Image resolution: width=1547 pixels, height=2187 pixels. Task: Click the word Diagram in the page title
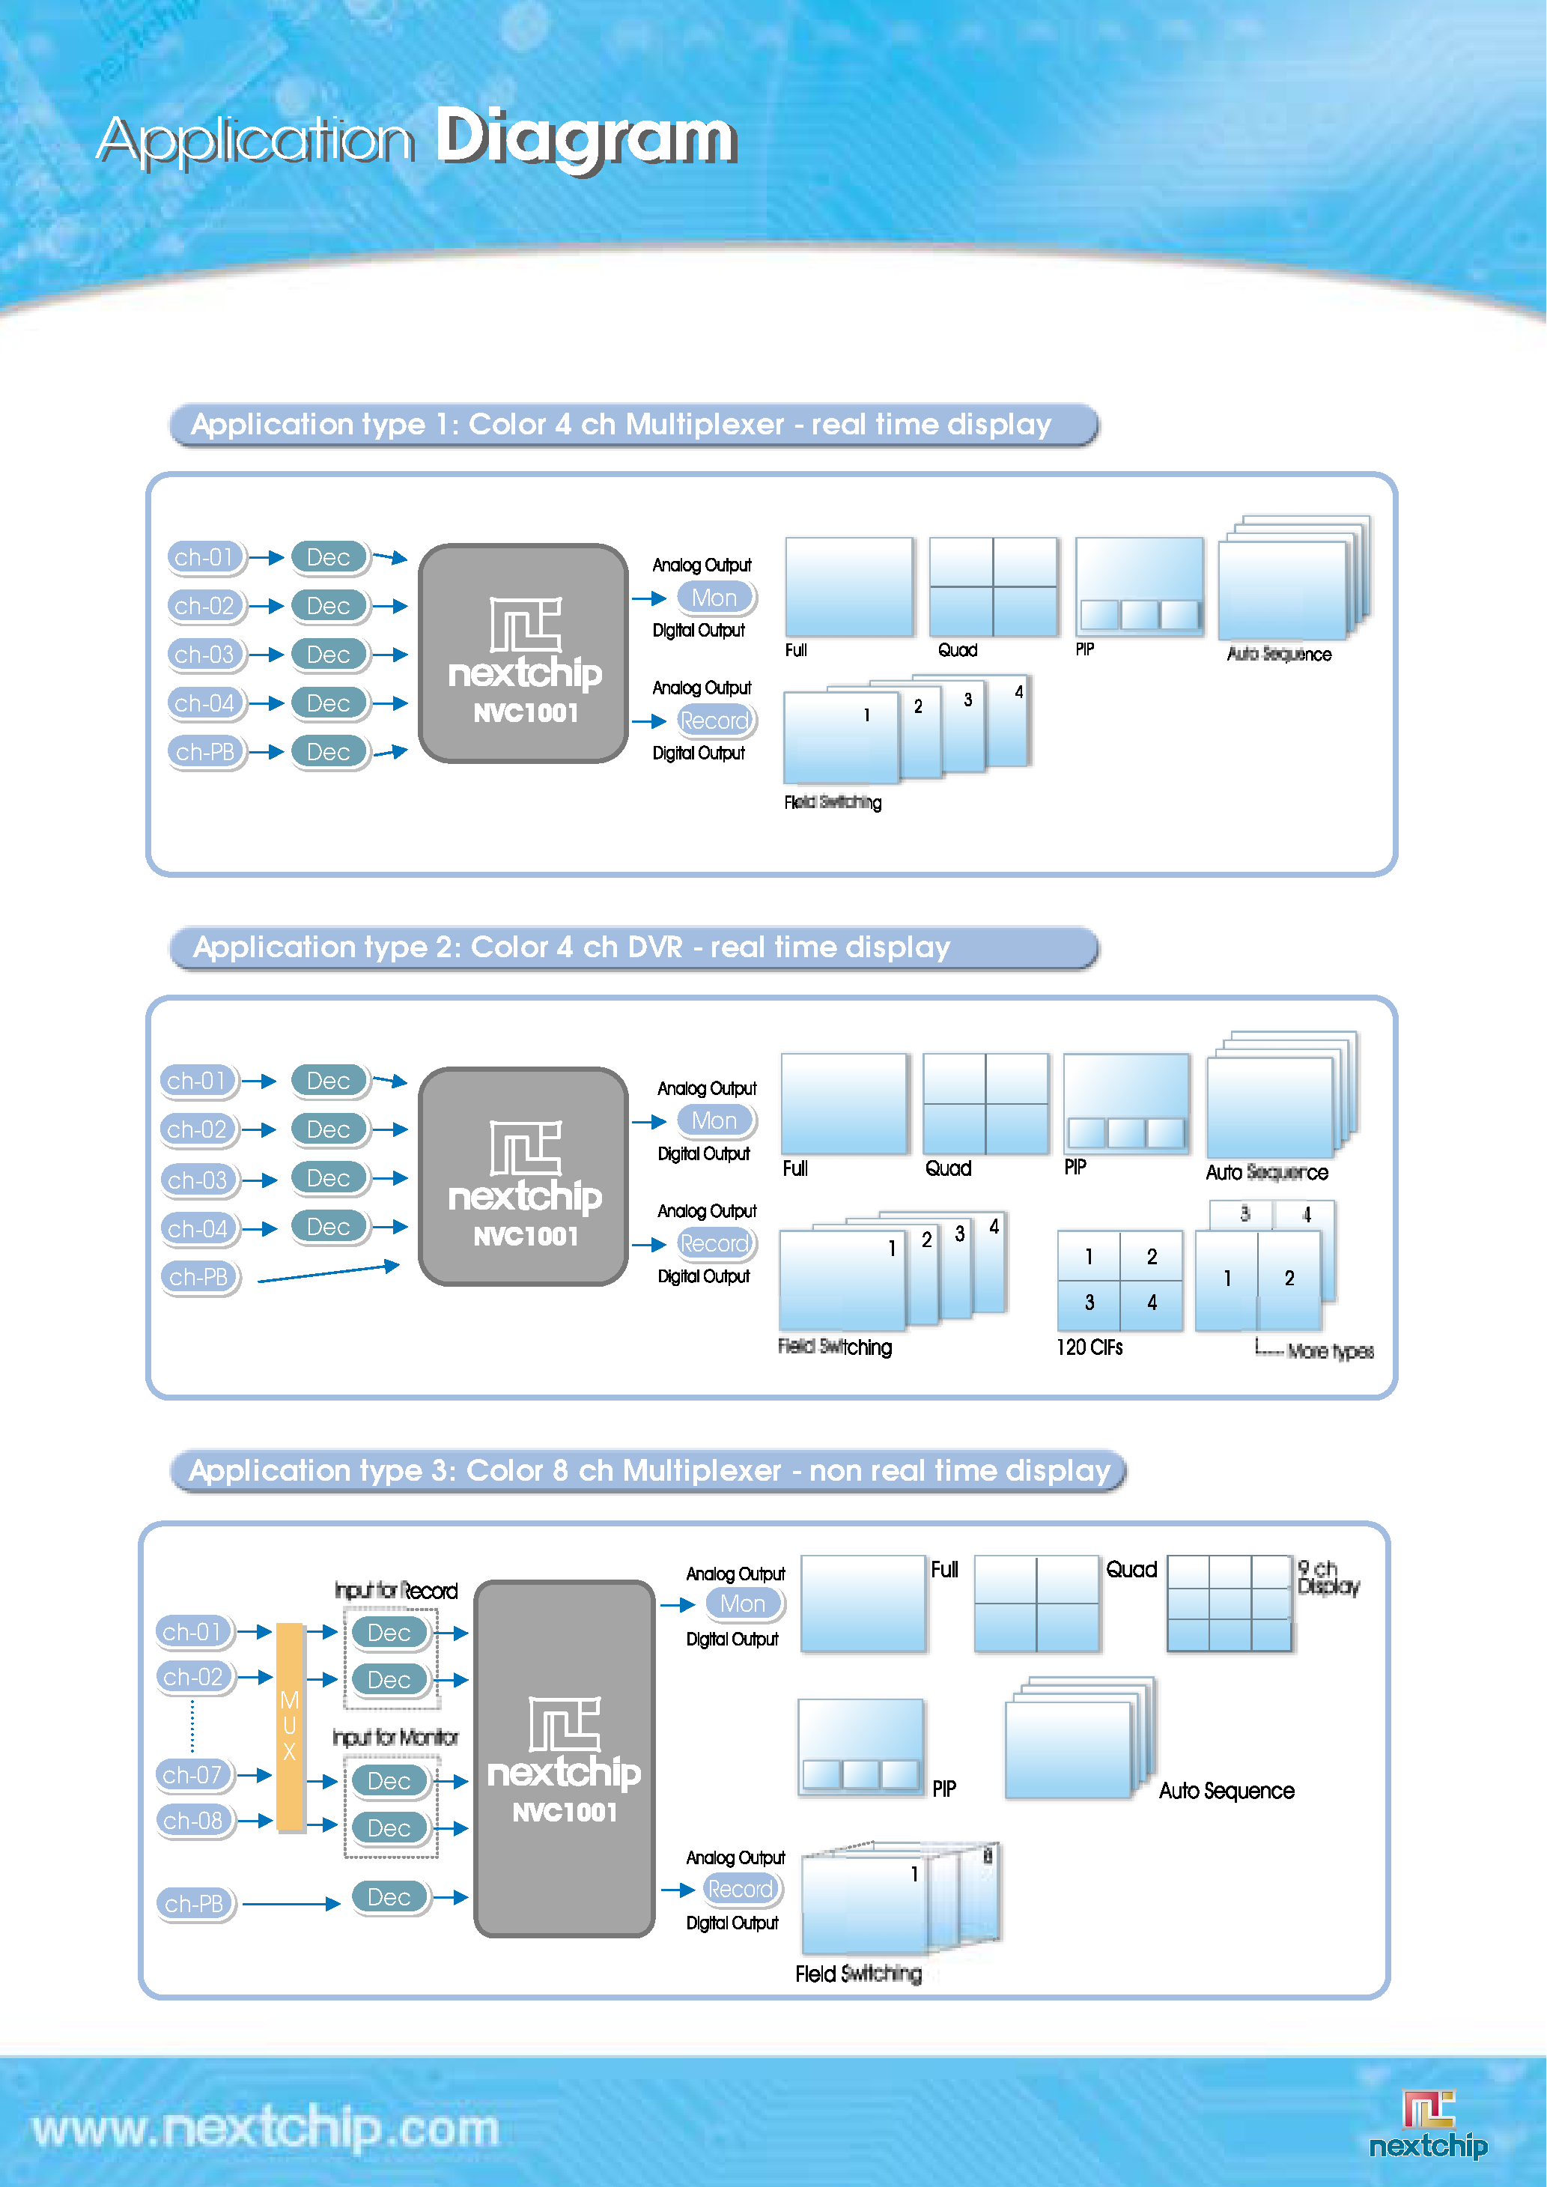pos(586,138)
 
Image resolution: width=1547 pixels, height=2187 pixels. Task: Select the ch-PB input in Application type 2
pos(198,1276)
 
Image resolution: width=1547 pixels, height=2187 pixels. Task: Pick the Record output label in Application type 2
pos(714,1244)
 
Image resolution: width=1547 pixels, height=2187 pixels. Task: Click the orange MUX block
pos(290,1726)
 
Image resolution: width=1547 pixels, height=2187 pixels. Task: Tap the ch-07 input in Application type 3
pos(193,1774)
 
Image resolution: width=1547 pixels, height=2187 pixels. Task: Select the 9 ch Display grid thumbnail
pos(1229,1603)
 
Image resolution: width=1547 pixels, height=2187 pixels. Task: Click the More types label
pos(1330,1350)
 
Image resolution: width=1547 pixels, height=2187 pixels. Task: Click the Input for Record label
pos(395,1591)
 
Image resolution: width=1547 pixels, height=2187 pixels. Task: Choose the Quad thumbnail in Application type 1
pos(993,586)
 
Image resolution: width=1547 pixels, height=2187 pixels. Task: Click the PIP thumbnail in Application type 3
pos(860,1747)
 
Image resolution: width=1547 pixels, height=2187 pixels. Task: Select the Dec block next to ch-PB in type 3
pos(389,1897)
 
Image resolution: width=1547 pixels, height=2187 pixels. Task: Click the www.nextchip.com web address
pos(266,2129)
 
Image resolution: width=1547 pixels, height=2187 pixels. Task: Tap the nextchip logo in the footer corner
pos(1428,2124)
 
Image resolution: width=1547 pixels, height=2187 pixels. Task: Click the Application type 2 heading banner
pos(633,947)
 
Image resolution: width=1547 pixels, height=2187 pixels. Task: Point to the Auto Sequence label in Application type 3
pos(1226,1791)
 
